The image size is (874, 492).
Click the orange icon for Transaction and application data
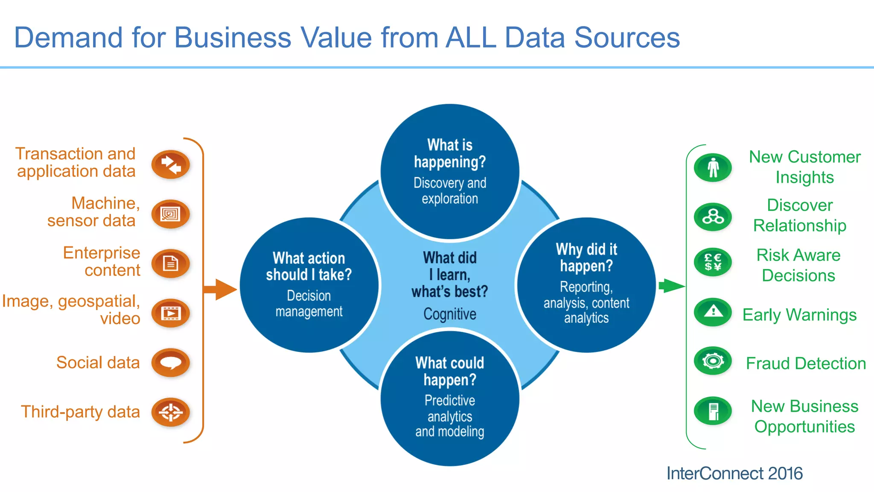click(171, 164)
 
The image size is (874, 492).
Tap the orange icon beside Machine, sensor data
click(171, 214)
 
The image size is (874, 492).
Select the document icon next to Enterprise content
click(171, 264)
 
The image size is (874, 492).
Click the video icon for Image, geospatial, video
click(171, 313)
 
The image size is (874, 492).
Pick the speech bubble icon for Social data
click(171, 363)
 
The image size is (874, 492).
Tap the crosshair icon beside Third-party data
click(171, 412)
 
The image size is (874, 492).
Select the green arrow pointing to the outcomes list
click(671, 286)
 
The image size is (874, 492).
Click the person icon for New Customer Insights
click(713, 167)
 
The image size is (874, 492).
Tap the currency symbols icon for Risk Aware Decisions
click(713, 262)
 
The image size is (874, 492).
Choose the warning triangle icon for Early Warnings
click(713, 312)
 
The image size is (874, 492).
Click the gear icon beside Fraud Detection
click(713, 361)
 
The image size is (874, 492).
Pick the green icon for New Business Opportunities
click(713, 411)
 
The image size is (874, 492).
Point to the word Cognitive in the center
click(450, 314)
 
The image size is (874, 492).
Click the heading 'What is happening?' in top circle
click(450, 153)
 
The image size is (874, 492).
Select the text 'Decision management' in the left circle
click(309, 303)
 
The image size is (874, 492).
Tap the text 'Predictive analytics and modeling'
click(450, 416)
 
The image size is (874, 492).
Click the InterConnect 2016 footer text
click(734, 473)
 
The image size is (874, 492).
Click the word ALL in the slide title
click(471, 38)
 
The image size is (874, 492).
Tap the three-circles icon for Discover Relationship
click(713, 217)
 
